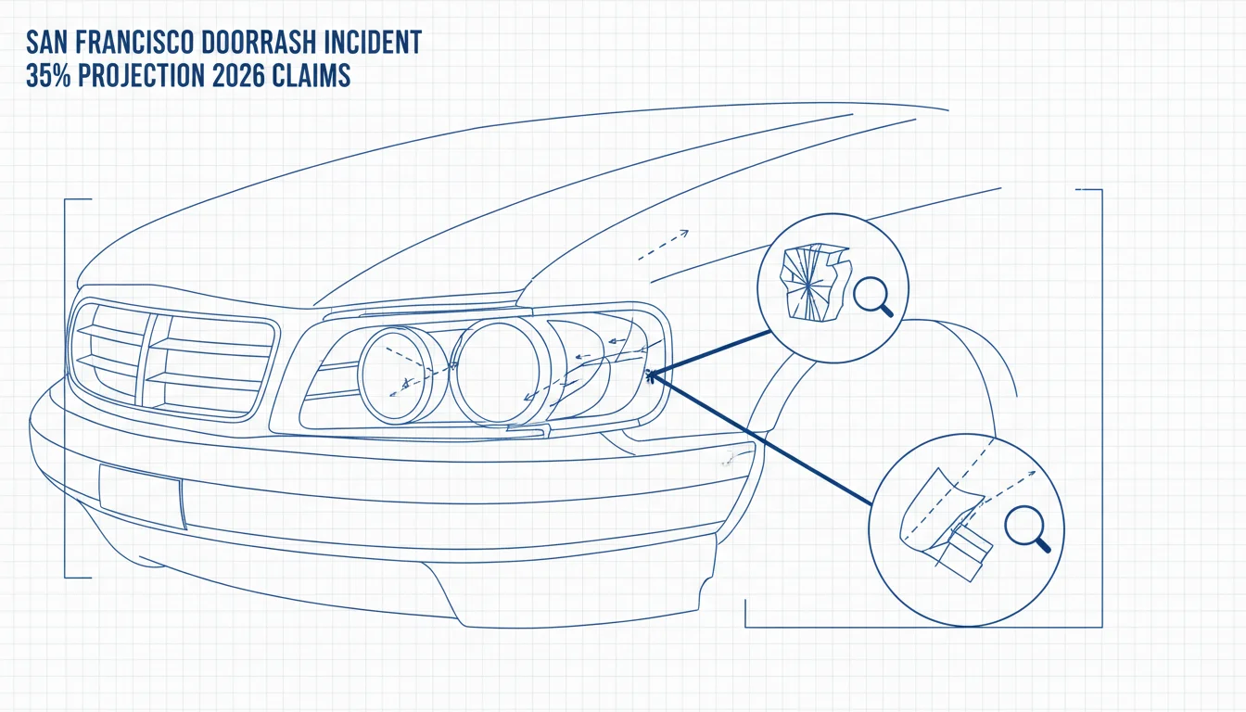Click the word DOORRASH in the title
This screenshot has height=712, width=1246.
pos(258,43)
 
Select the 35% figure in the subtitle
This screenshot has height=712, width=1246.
pos(48,75)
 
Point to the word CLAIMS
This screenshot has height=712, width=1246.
pos(311,75)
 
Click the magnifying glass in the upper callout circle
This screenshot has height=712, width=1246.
pos(872,297)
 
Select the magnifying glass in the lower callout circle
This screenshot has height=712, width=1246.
pos(1027,528)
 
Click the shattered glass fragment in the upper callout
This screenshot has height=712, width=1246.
pos(815,283)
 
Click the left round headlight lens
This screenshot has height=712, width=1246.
pos(402,375)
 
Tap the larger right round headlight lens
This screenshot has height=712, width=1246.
pos(500,372)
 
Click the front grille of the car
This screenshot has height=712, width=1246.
pos(172,358)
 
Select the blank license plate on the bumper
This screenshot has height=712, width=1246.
pos(143,496)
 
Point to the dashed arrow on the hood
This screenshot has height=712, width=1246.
pos(663,245)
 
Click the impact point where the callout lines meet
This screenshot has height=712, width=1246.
pos(650,376)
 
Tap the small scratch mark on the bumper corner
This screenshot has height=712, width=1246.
pos(735,457)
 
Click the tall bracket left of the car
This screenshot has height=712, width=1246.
pos(66,388)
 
